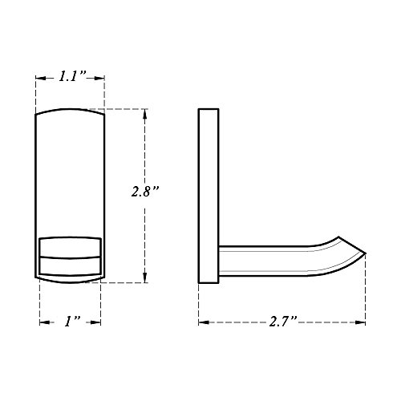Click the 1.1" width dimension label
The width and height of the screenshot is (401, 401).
coord(72,76)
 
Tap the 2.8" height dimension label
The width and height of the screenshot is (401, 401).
coord(145,191)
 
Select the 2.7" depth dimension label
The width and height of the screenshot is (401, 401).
coord(283,321)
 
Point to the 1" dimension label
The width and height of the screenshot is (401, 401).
coord(72,321)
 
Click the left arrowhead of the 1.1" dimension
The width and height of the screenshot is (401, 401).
coord(41,78)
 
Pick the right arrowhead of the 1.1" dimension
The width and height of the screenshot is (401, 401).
coord(99,78)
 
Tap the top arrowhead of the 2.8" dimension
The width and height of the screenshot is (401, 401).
coord(145,114)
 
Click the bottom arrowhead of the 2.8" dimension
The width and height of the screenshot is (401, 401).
coord(145,277)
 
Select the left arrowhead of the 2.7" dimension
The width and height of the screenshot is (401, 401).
coord(204,322)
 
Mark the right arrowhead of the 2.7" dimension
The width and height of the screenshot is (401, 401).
coord(360,322)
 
